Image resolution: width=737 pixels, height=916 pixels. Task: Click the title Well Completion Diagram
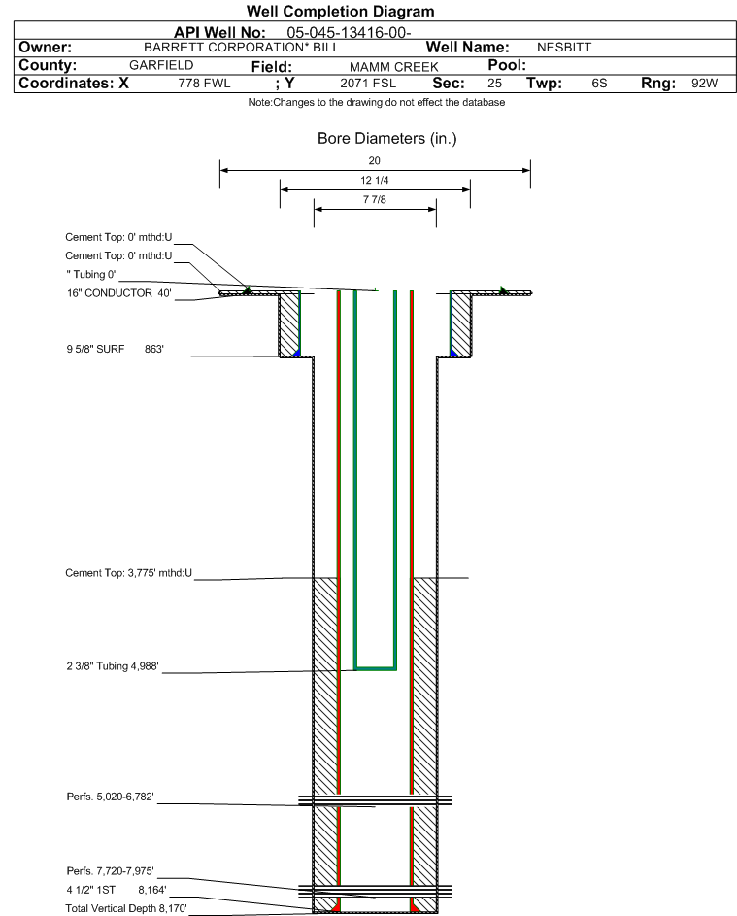pyautogui.click(x=341, y=11)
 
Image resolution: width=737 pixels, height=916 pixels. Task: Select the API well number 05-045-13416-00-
pyautogui.click(x=349, y=33)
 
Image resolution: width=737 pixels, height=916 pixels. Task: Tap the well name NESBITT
pyautogui.click(x=564, y=48)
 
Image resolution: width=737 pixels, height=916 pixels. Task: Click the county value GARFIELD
pyautogui.click(x=161, y=65)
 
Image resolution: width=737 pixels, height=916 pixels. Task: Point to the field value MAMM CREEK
pyautogui.click(x=393, y=67)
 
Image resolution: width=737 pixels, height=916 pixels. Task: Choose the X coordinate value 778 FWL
pyautogui.click(x=204, y=84)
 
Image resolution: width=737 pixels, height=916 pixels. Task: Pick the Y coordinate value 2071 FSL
pyautogui.click(x=368, y=84)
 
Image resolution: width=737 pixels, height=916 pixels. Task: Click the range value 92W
pyautogui.click(x=704, y=84)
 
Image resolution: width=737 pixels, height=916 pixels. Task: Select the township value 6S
pyautogui.click(x=599, y=84)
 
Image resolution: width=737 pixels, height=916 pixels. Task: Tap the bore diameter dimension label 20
pyautogui.click(x=375, y=160)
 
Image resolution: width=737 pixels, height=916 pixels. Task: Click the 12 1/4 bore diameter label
pyautogui.click(x=375, y=181)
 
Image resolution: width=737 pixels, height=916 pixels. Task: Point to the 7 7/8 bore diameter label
pyautogui.click(x=375, y=200)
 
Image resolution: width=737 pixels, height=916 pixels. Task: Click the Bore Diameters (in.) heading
pyautogui.click(x=387, y=139)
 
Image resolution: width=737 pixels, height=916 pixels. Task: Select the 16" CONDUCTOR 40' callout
pyautogui.click(x=119, y=293)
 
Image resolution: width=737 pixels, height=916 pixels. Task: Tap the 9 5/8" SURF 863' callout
pyautogui.click(x=115, y=350)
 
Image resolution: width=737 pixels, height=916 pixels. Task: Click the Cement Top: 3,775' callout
pyautogui.click(x=128, y=573)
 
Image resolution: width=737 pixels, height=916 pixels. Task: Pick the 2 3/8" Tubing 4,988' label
pyautogui.click(x=112, y=666)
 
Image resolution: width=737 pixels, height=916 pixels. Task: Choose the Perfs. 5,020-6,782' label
pyautogui.click(x=111, y=797)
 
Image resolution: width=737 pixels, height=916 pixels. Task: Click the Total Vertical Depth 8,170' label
pyautogui.click(x=126, y=908)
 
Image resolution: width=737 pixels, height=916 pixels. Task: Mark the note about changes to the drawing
pyautogui.click(x=377, y=103)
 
